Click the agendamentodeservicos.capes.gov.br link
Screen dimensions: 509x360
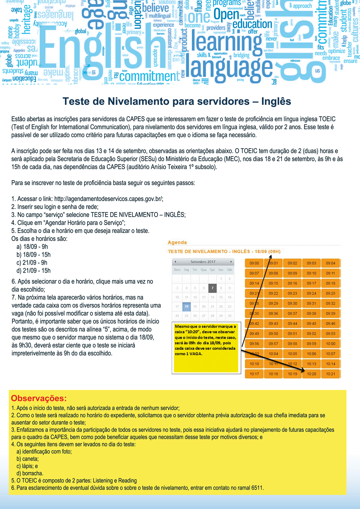pyautogui.click(x=109, y=199)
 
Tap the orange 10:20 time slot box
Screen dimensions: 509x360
pyautogui.click(x=311, y=374)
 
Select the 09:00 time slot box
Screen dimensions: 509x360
pyautogui.click(x=254, y=263)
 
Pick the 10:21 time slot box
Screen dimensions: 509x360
pyautogui.click(x=330, y=374)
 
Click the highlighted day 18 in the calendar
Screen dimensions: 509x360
pyautogui.click(x=186, y=307)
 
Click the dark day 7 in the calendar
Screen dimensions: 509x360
pyautogui.click(x=212, y=288)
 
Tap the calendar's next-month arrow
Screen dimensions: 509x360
pyautogui.click(x=231, y=262)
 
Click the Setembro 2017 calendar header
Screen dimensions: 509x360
pyautogui.click(x=203, y=262)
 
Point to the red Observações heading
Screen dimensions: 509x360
pyautogui.click(x=39, y=398)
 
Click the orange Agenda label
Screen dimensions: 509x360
pyautogui.click(x=177, y=242)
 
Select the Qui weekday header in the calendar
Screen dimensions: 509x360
pyautogui.click(x=212, y=270)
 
